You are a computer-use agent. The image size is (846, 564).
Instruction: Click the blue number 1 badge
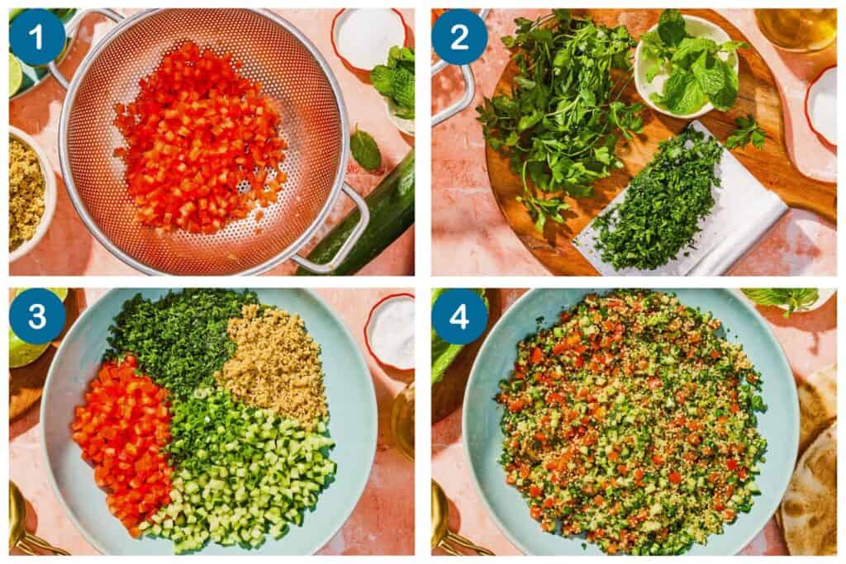pyautogui.click(x=37, y=37)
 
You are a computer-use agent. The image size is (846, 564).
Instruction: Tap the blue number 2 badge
pyautogui.click(x=459, y=37)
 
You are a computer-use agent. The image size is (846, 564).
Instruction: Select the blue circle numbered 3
pyautogui.click(x=37, y=316)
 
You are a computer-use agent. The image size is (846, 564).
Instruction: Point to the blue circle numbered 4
pyautogui.click(x=459, y=316)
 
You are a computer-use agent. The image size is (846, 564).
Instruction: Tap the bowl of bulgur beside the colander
pyautogui.click(x=25, y=194)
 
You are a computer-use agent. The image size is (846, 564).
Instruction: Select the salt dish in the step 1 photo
pyautogui.click(x=368, y=37)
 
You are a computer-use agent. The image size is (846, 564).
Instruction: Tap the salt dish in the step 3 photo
pyautogui.click(x=391, y=330)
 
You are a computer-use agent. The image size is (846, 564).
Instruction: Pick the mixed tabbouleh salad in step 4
pyautogui.click(x=632, y=421)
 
